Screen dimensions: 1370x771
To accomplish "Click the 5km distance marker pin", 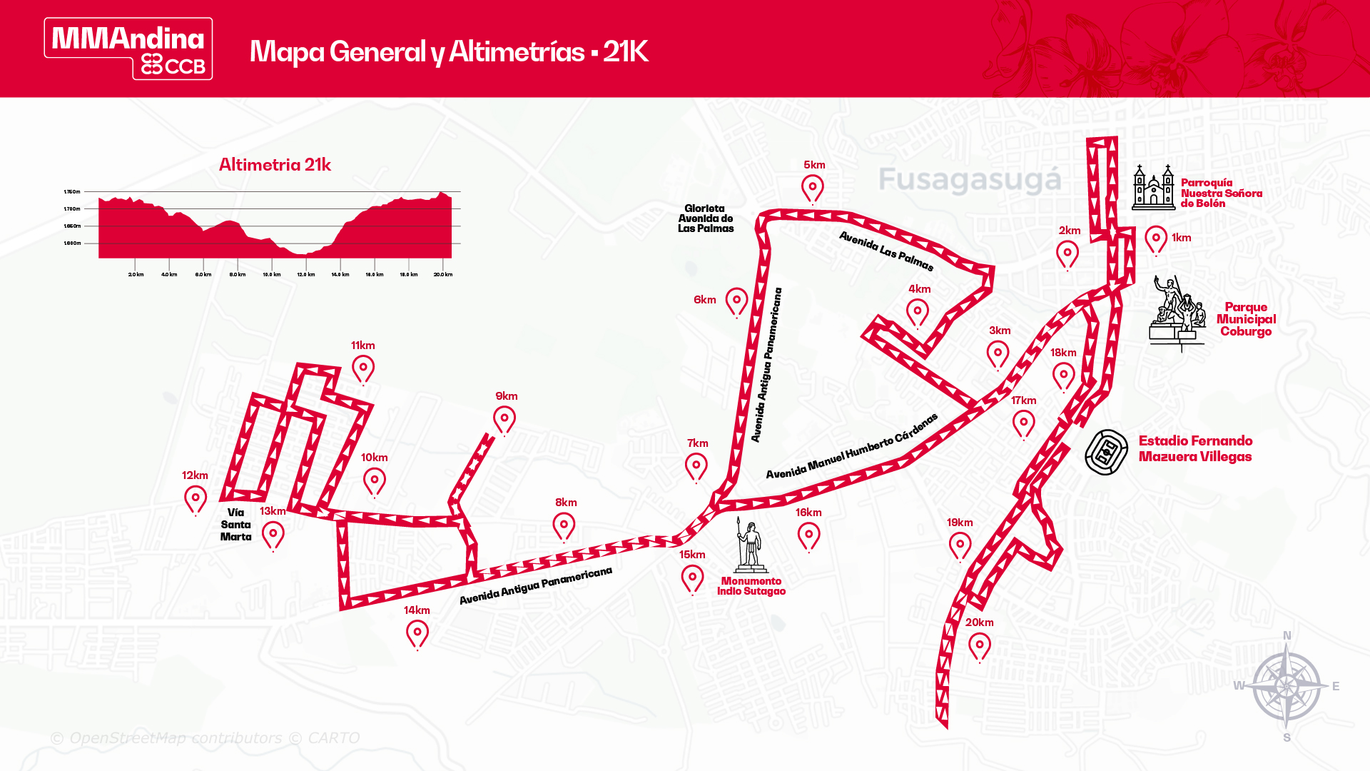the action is click(x=812, y=188).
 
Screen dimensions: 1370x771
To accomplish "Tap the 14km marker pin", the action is click(x=417, y=633).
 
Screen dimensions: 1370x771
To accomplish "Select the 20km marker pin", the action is click(x=980, y=647).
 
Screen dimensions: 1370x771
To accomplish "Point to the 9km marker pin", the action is click(x=504, y=419).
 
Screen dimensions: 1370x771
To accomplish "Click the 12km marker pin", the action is click(x=196, y=499).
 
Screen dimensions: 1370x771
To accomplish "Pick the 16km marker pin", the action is click(x=808, y=535).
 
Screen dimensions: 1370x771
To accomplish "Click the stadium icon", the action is click(x=1106, y=452).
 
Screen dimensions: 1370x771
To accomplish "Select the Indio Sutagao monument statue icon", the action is click(x=750, y=547).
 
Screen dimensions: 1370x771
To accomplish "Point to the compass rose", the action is click(x=1287, y=686).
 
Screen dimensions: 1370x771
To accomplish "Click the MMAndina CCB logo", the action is click(x=128, y=49).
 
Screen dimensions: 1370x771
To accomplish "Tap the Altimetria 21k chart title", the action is click(x=275, y=165).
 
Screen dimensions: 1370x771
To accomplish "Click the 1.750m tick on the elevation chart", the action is click(x=72, y=192).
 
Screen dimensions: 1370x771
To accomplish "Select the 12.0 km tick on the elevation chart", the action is click(x=306, y=275).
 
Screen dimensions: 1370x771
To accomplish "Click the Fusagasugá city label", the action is click(x=970, y=180).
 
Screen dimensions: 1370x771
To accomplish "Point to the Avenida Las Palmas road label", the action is click(x=886, y=251).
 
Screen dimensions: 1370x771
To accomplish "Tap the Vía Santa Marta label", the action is click(x=235, y=525).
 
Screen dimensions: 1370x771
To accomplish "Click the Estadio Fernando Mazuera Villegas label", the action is click(x=1195, y=449).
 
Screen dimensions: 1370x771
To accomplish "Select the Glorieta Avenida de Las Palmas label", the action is click(x=705, y=218).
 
